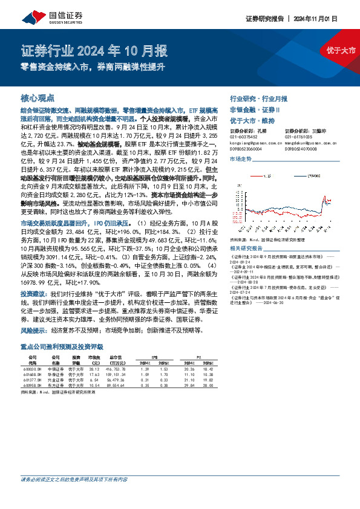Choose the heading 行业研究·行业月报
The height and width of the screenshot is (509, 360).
click(258, 98)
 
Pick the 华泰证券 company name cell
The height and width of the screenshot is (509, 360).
click(57, 374)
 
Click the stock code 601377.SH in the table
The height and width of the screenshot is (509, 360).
click(31, 379)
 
